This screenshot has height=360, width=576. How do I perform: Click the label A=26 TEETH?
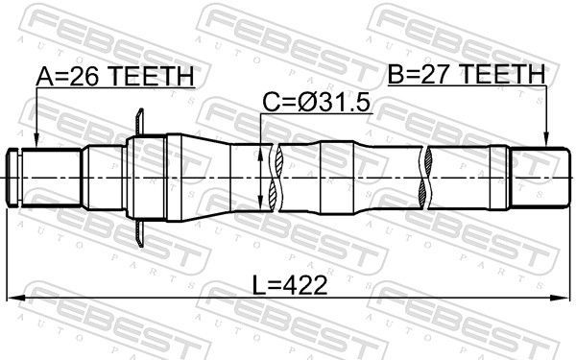pyautogui.click(x=114, y=76)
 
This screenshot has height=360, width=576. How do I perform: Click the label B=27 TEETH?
pyautogui.click(x=466, y=73)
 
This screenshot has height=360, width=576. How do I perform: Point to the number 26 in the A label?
pyautogui.click(x=84, y=76)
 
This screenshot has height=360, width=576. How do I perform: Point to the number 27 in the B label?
pyautogui.click(x=436, y=73)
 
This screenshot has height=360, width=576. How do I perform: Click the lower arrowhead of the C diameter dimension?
pyautogui.click(x=263, y=208)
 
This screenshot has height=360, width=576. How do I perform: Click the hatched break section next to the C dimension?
pyautogui.click(x=276, y=179)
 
